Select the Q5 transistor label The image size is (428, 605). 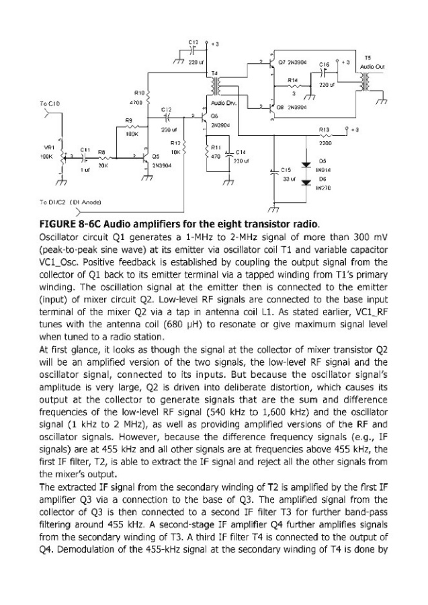pyautogui.click(x=155, y=155)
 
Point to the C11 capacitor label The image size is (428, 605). pyautogui.click(x=85, y=149)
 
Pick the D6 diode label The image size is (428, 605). pyautogui.click(x=323, y=179)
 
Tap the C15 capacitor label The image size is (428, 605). pyautogui.click(x=285, y=170)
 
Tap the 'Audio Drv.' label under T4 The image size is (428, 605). pyautogui.click(x=222, y=104)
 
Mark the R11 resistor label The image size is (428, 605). pyautogui.click(x=216, y=147)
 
